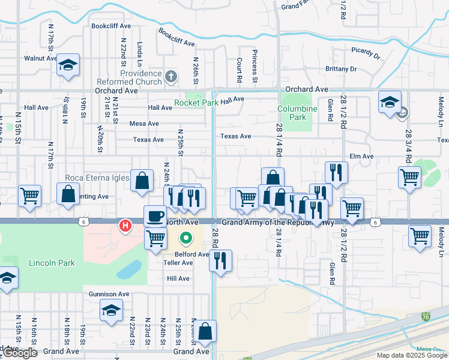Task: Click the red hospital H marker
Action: [125, 226]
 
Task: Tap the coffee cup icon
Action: [155, 215]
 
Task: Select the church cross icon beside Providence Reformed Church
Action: [171, 76]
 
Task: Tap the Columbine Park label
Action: [297, 112]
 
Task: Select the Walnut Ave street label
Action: [40, 59]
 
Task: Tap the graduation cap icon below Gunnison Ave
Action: [111, 311]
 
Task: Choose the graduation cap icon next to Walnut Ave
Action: [68, 64]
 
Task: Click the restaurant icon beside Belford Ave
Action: [221, 260]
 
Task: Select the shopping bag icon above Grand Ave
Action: [205, 331]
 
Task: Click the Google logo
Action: [20, 353]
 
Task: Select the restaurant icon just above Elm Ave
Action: [336, 172]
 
